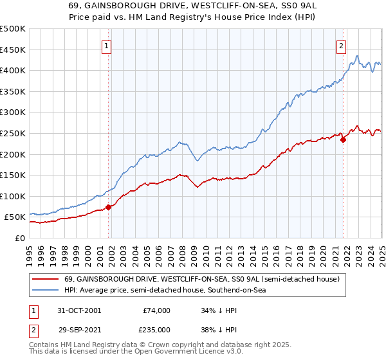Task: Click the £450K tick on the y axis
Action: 13,50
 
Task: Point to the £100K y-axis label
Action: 13,196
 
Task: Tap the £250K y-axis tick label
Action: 13,133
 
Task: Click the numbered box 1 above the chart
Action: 106,46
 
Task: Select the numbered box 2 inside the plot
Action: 340,46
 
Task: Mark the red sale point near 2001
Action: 108,207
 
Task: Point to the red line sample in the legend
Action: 46,280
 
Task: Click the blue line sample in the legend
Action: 46,291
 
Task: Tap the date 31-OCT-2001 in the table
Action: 79,310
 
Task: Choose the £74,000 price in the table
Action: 156,310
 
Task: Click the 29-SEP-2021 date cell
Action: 79,328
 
